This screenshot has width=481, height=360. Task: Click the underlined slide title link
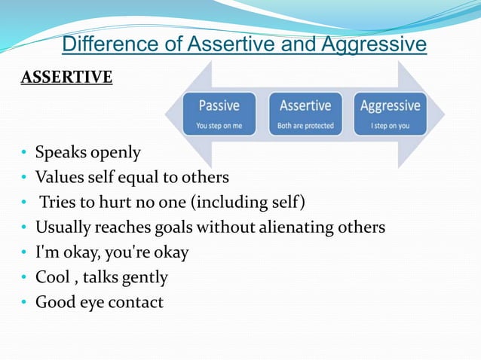click(x=244, y=45)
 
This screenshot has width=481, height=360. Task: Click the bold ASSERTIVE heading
click(x=66, y=78)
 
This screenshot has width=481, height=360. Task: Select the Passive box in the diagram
click(x=219, y=113)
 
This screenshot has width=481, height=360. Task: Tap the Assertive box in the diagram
click(x=305, y=113)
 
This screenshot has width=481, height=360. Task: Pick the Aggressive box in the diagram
click(x=390, y=113)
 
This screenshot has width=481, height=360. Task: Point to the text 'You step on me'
click(x=219, y=126)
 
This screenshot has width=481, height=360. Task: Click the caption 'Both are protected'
click(x=305, y=126)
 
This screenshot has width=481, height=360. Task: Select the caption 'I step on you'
click(x=390, y=126)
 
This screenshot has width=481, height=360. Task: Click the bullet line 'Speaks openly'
click(x=89, y=153)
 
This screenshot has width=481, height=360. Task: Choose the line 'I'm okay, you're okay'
click(x=112, y=252)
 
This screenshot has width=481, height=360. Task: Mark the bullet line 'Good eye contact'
click(x=99, y=302)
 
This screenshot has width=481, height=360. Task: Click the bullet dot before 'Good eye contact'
click(x=24, y=303)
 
